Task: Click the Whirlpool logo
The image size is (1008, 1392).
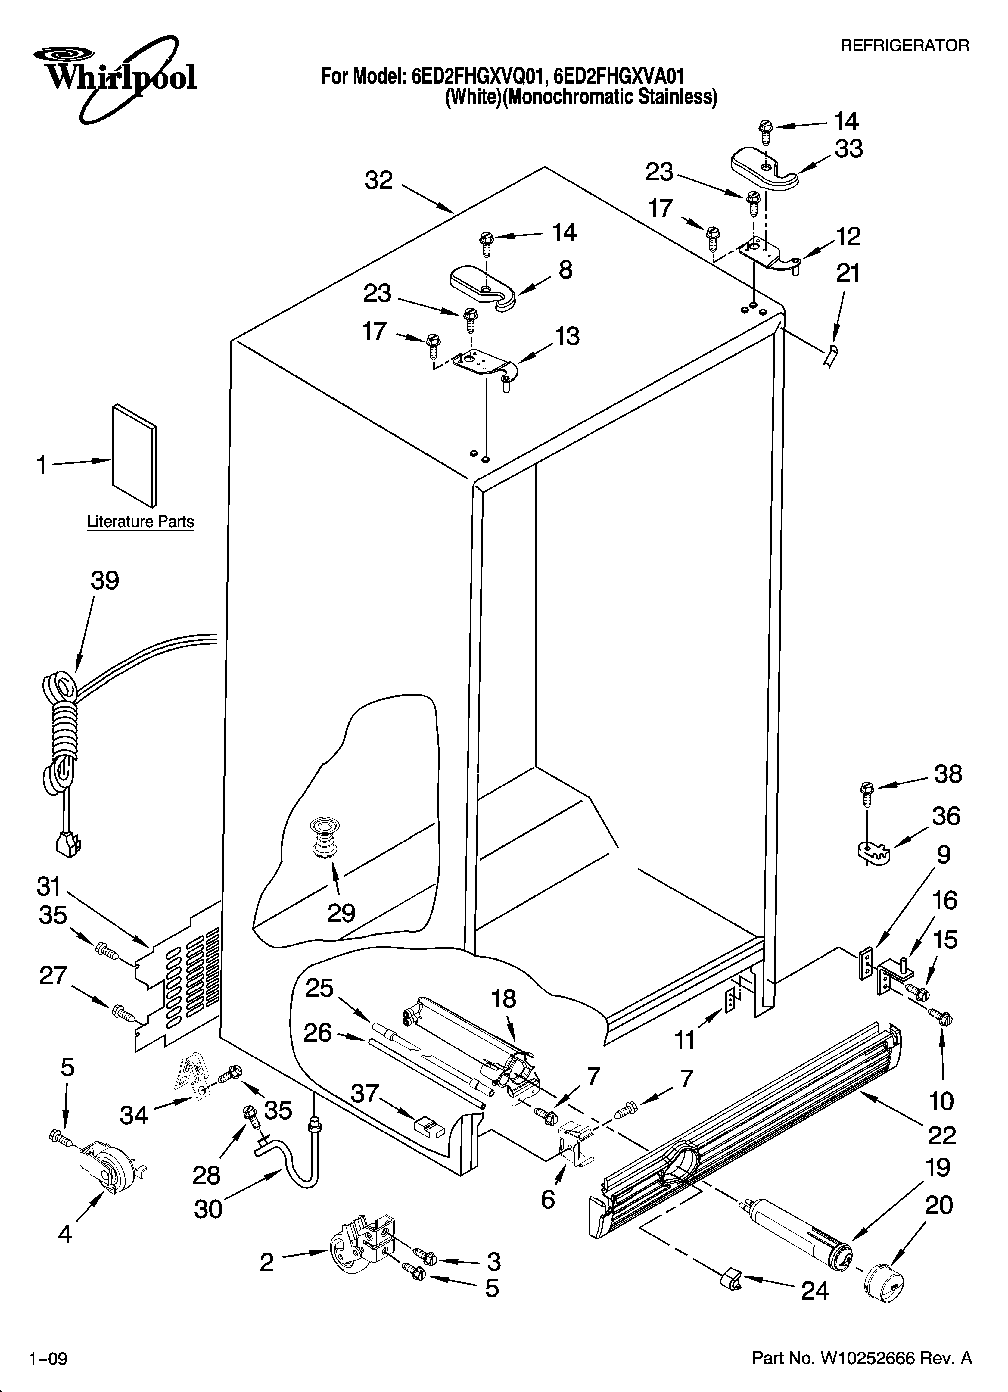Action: point(115,77)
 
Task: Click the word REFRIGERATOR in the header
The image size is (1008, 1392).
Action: point(904,45)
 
